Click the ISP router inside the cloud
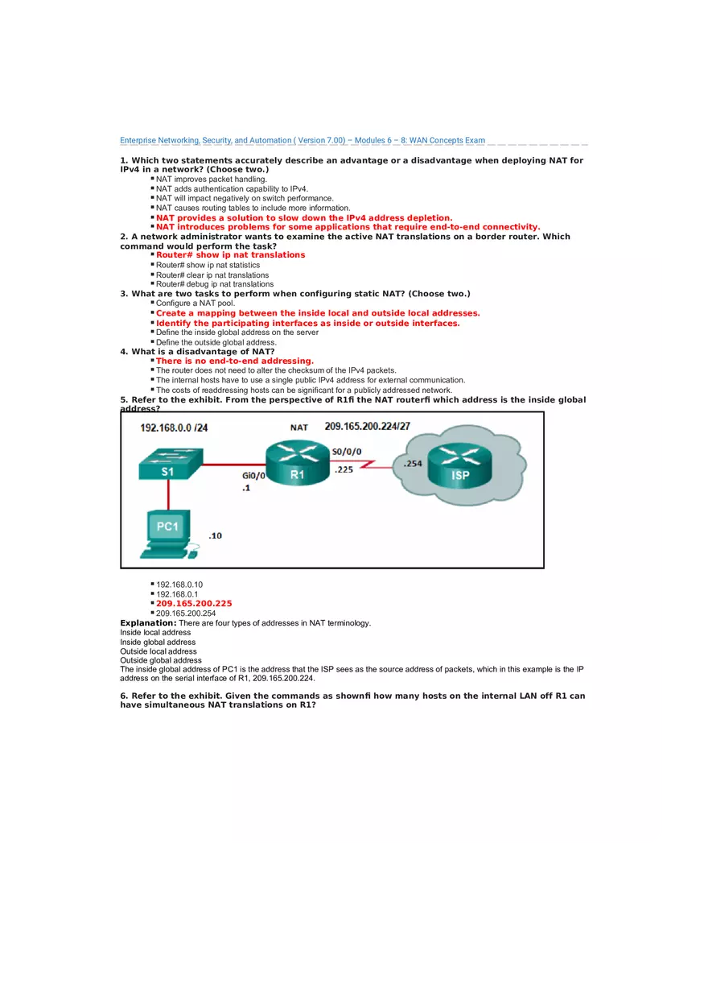459,466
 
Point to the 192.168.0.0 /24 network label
174,428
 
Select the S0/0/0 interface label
347,452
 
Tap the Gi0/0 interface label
253,476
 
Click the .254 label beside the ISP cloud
413,464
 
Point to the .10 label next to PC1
216,535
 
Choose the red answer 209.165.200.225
194,603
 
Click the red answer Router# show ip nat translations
230,255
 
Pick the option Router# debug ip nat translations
214,284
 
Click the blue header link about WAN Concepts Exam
303,140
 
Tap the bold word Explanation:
148,623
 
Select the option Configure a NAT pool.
196,304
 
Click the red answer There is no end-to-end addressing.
234,362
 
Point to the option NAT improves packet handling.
211,180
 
